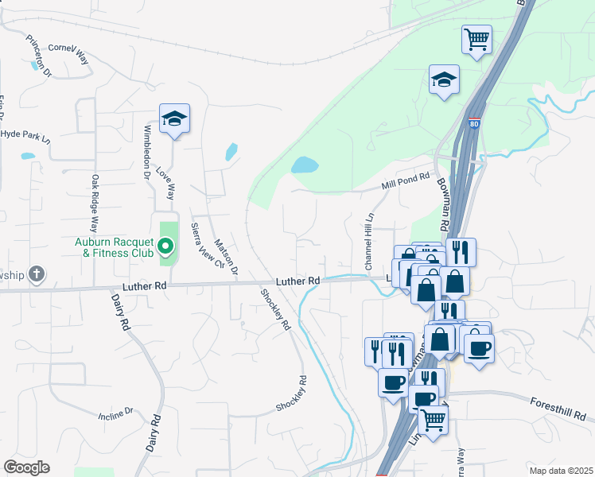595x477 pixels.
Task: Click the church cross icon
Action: pyautogui.click(x=36, y=275)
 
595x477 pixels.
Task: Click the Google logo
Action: pyautogui.click(x=26, y=467)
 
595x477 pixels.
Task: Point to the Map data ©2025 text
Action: pyautogui.click(x=560, y=471)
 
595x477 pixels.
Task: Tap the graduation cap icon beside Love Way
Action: pyautogui.click(x=174, y=119)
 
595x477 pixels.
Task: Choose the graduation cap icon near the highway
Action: pyautogui.click(x=445, y=79)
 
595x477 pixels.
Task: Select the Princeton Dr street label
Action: pyautogui.click(x=38, y=56)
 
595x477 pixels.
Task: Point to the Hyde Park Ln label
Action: pyautogui.click(x=25, y=135)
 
